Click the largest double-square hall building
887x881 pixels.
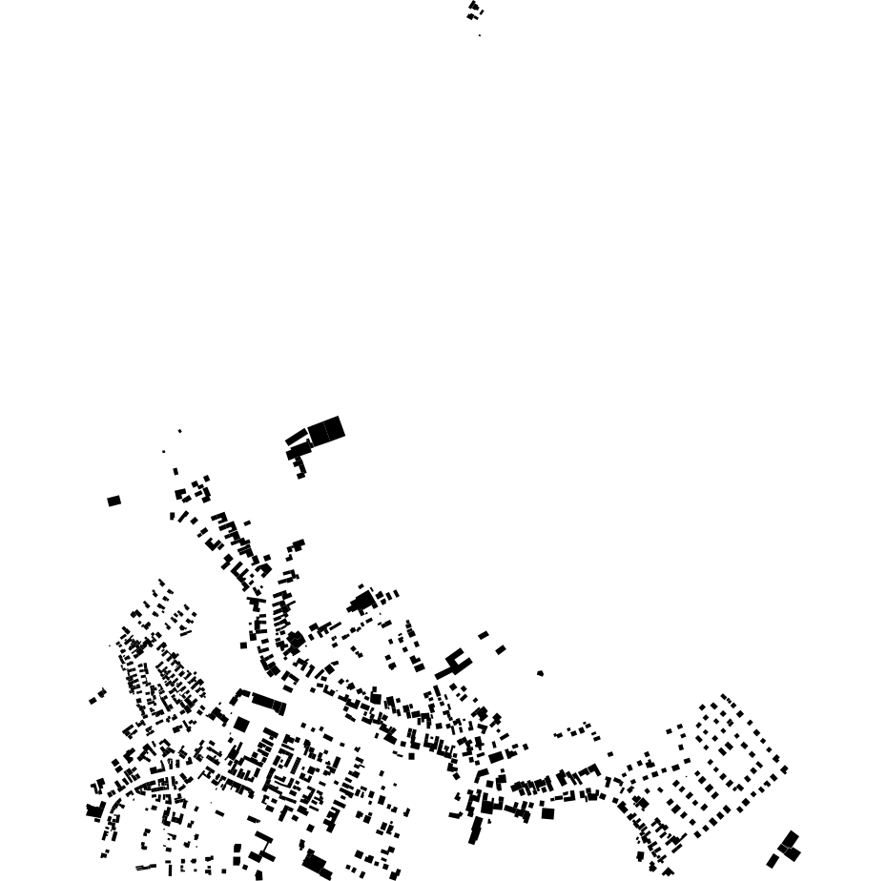click(x=326, y=430)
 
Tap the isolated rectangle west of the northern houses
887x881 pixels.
click(x=114, y=501)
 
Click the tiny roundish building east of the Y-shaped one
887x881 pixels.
click(x=540, y=673)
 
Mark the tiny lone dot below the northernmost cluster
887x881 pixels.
click(x=480, y=35)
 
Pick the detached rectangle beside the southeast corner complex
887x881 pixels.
click(x=773, y=861)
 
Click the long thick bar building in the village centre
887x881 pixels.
click(x=268, y=703)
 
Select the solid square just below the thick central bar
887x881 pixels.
click(x=241, y=725)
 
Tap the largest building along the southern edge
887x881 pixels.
click(x=315, y=864)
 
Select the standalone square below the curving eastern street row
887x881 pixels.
click(x=547, y=813)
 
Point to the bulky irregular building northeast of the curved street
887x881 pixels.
click(x=362, y=602)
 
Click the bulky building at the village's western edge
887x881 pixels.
click(x=94, y=810)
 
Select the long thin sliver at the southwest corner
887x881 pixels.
click(x=145, y=868)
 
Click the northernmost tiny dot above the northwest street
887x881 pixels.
click(x=179, y=431)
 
